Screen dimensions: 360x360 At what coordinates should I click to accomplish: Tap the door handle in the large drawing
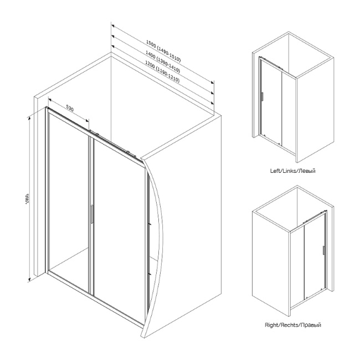(x=91, y=214)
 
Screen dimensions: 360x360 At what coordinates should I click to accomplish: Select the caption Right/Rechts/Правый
(x=293, y=325)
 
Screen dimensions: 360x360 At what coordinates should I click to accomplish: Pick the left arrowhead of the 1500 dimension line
(x=112, y=26)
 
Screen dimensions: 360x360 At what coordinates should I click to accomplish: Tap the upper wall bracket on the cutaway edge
(x=149, y=223)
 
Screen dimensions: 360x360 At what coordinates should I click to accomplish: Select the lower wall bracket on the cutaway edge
(x=149, y=275)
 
